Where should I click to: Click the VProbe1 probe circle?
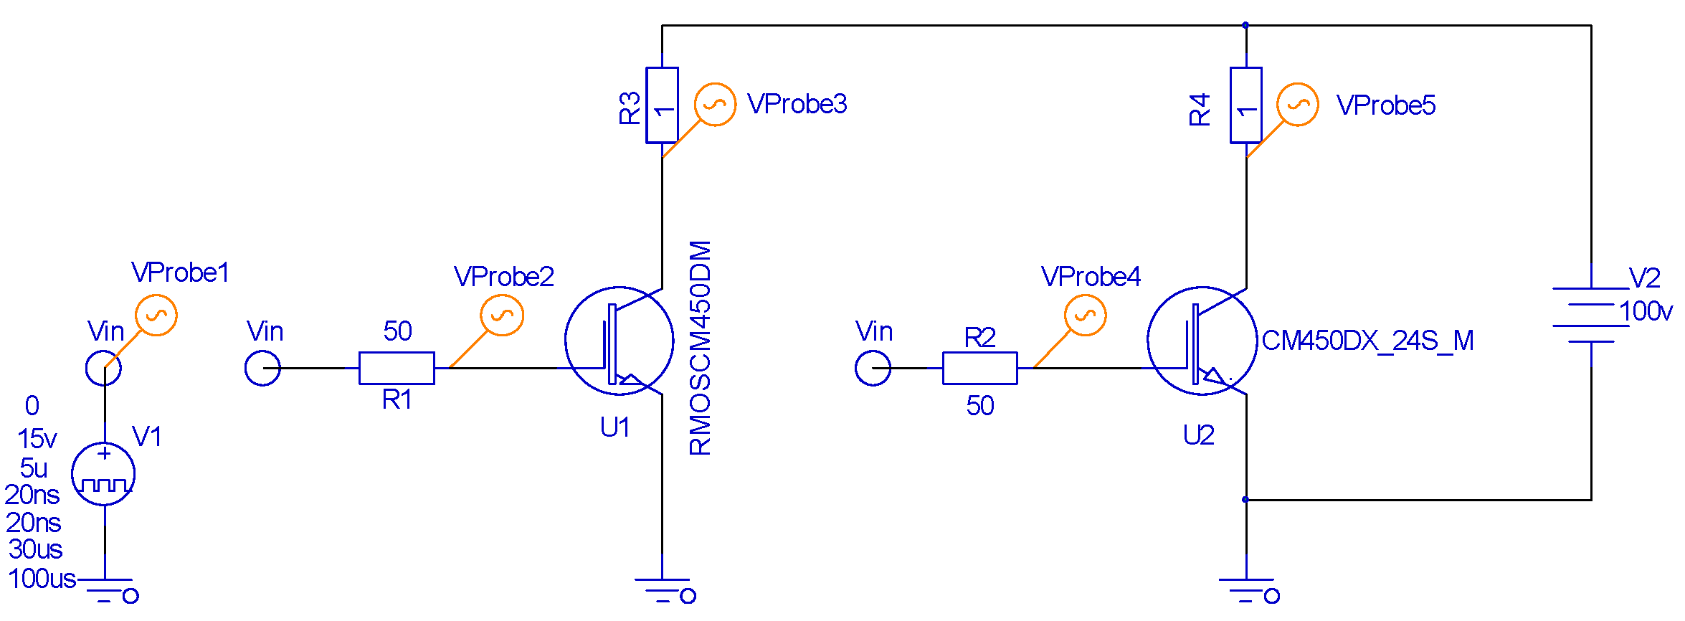tap(156, 316)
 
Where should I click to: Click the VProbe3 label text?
tap(797, 105)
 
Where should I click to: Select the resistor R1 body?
tap(397, 368)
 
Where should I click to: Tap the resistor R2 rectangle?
tap(979, 368)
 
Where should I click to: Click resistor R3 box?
tap(662, 105)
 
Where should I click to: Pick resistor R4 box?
tap(1246, 105)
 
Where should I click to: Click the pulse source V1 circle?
tap(103, 474)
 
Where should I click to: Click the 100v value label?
tap(1646, 311)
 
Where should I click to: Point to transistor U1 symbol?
tap(619, 341)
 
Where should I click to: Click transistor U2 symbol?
tap(1202, 341)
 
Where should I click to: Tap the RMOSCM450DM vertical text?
tap(701, 348)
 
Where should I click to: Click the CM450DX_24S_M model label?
tap(1367, 341)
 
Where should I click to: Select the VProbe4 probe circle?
tap(1085, 316)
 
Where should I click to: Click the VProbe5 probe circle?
tap(1298, 105)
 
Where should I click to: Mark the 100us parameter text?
tap(42, 579)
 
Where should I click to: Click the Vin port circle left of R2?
tap(873, 368)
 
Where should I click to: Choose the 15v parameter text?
tap(37, 438)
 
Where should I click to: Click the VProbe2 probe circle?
tap(502, 316)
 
